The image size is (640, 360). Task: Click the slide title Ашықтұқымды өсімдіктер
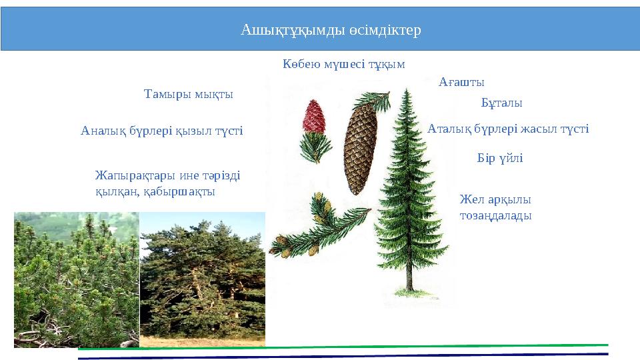[x=331, y=30]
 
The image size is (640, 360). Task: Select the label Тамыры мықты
[x=189, y=94]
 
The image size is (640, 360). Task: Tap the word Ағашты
[x=461, y=82]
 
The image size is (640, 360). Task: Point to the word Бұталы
[x=501, y=103]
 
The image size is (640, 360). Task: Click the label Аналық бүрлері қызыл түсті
[x=162, y=131]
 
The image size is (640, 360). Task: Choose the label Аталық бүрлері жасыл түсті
[x=507, y=129]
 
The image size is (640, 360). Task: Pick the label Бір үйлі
[x=500, y=159]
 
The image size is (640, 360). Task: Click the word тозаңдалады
[x=495, y=216]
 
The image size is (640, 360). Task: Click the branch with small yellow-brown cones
[x=313, y=227]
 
